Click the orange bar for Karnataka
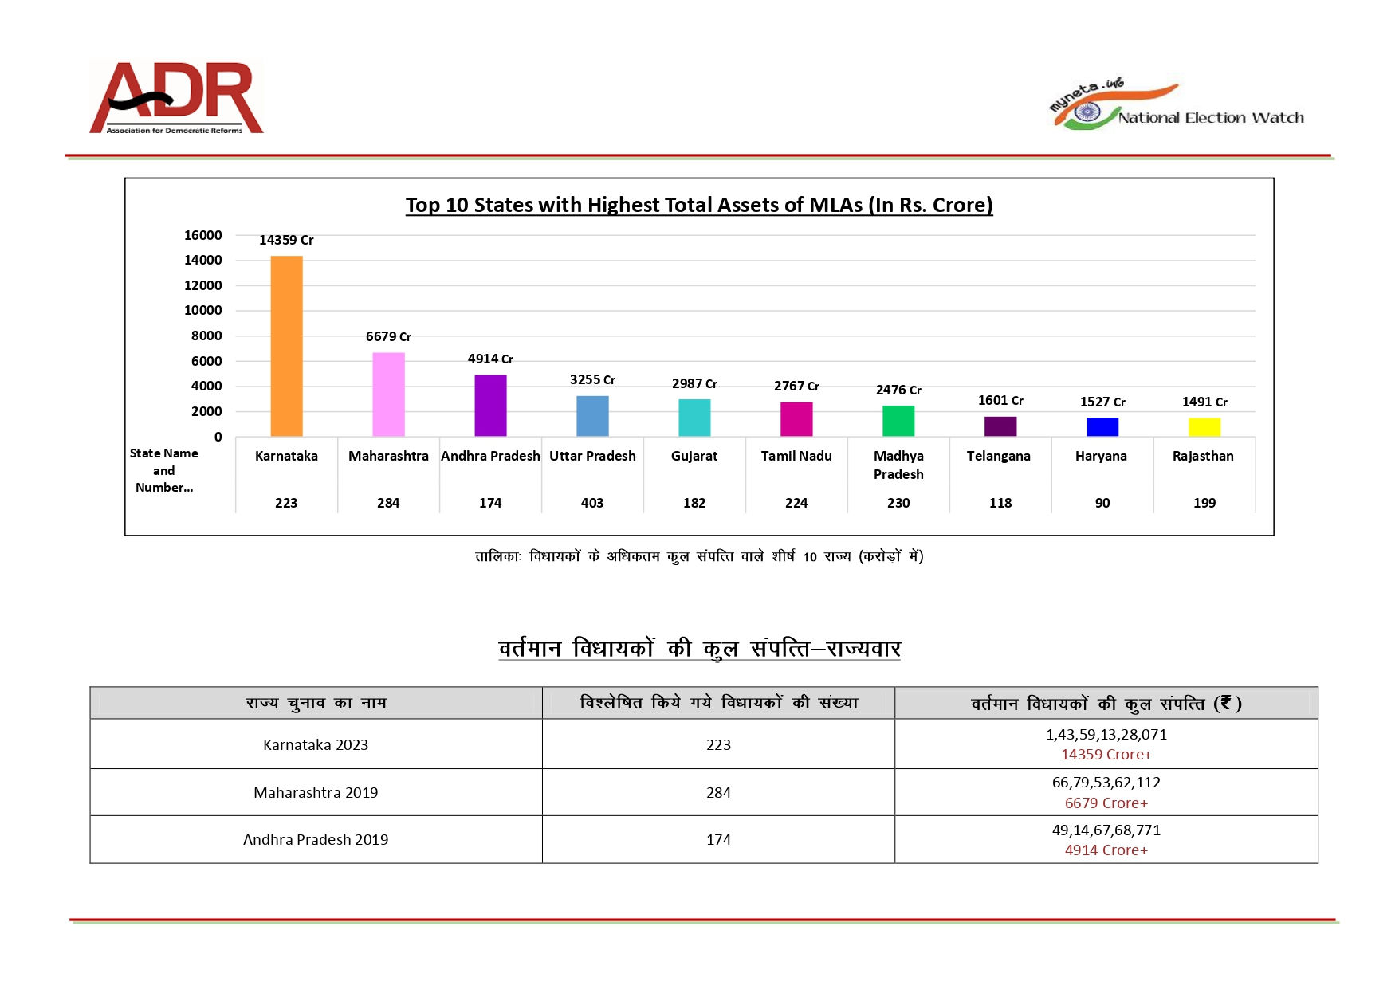coord(286,346)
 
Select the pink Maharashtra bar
coord(388,394)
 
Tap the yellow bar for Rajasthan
coord(1204,427)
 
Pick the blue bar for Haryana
coord(1102,427)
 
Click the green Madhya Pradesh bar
coord(898,421)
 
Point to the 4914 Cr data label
coord(490,359)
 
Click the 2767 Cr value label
coord(796,386)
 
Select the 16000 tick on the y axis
coord(203,235)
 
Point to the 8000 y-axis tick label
coord(206,336)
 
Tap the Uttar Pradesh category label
coord(592,456)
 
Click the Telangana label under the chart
coord(998,456)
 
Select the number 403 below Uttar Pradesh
coord(592,503)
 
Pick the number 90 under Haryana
coord(1102,503)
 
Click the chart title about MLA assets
coord(699,205)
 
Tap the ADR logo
coord(176,97)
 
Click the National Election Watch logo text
coord(1210,118)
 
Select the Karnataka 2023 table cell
coord(316,744)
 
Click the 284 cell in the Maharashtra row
coord(718,792)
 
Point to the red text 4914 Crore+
coord(1106,850)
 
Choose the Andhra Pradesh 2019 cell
coord(316,839)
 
